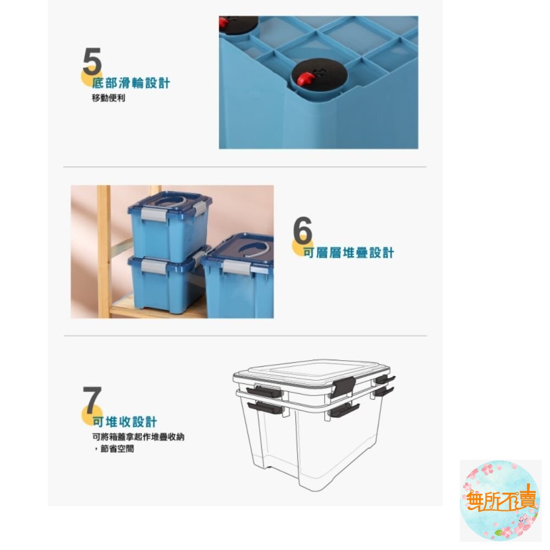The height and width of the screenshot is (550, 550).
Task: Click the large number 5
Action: [92, 62]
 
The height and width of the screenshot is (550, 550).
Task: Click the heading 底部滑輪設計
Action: [131, 84]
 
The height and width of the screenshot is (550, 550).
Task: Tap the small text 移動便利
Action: [108, 99]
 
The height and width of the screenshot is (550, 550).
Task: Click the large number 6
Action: [302, 231]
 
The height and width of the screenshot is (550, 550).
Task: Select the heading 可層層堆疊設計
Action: [349, 253]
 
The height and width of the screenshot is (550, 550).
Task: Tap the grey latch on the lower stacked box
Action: [152, 266]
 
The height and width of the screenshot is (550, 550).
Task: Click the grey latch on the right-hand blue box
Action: [234, 268]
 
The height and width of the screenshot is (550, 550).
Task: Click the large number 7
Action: [92, 400]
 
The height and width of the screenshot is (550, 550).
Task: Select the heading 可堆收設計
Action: [125, 422]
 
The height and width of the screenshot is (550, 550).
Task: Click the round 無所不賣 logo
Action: [499, 501]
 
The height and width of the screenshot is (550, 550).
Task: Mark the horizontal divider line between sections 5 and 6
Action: [245, 167]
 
